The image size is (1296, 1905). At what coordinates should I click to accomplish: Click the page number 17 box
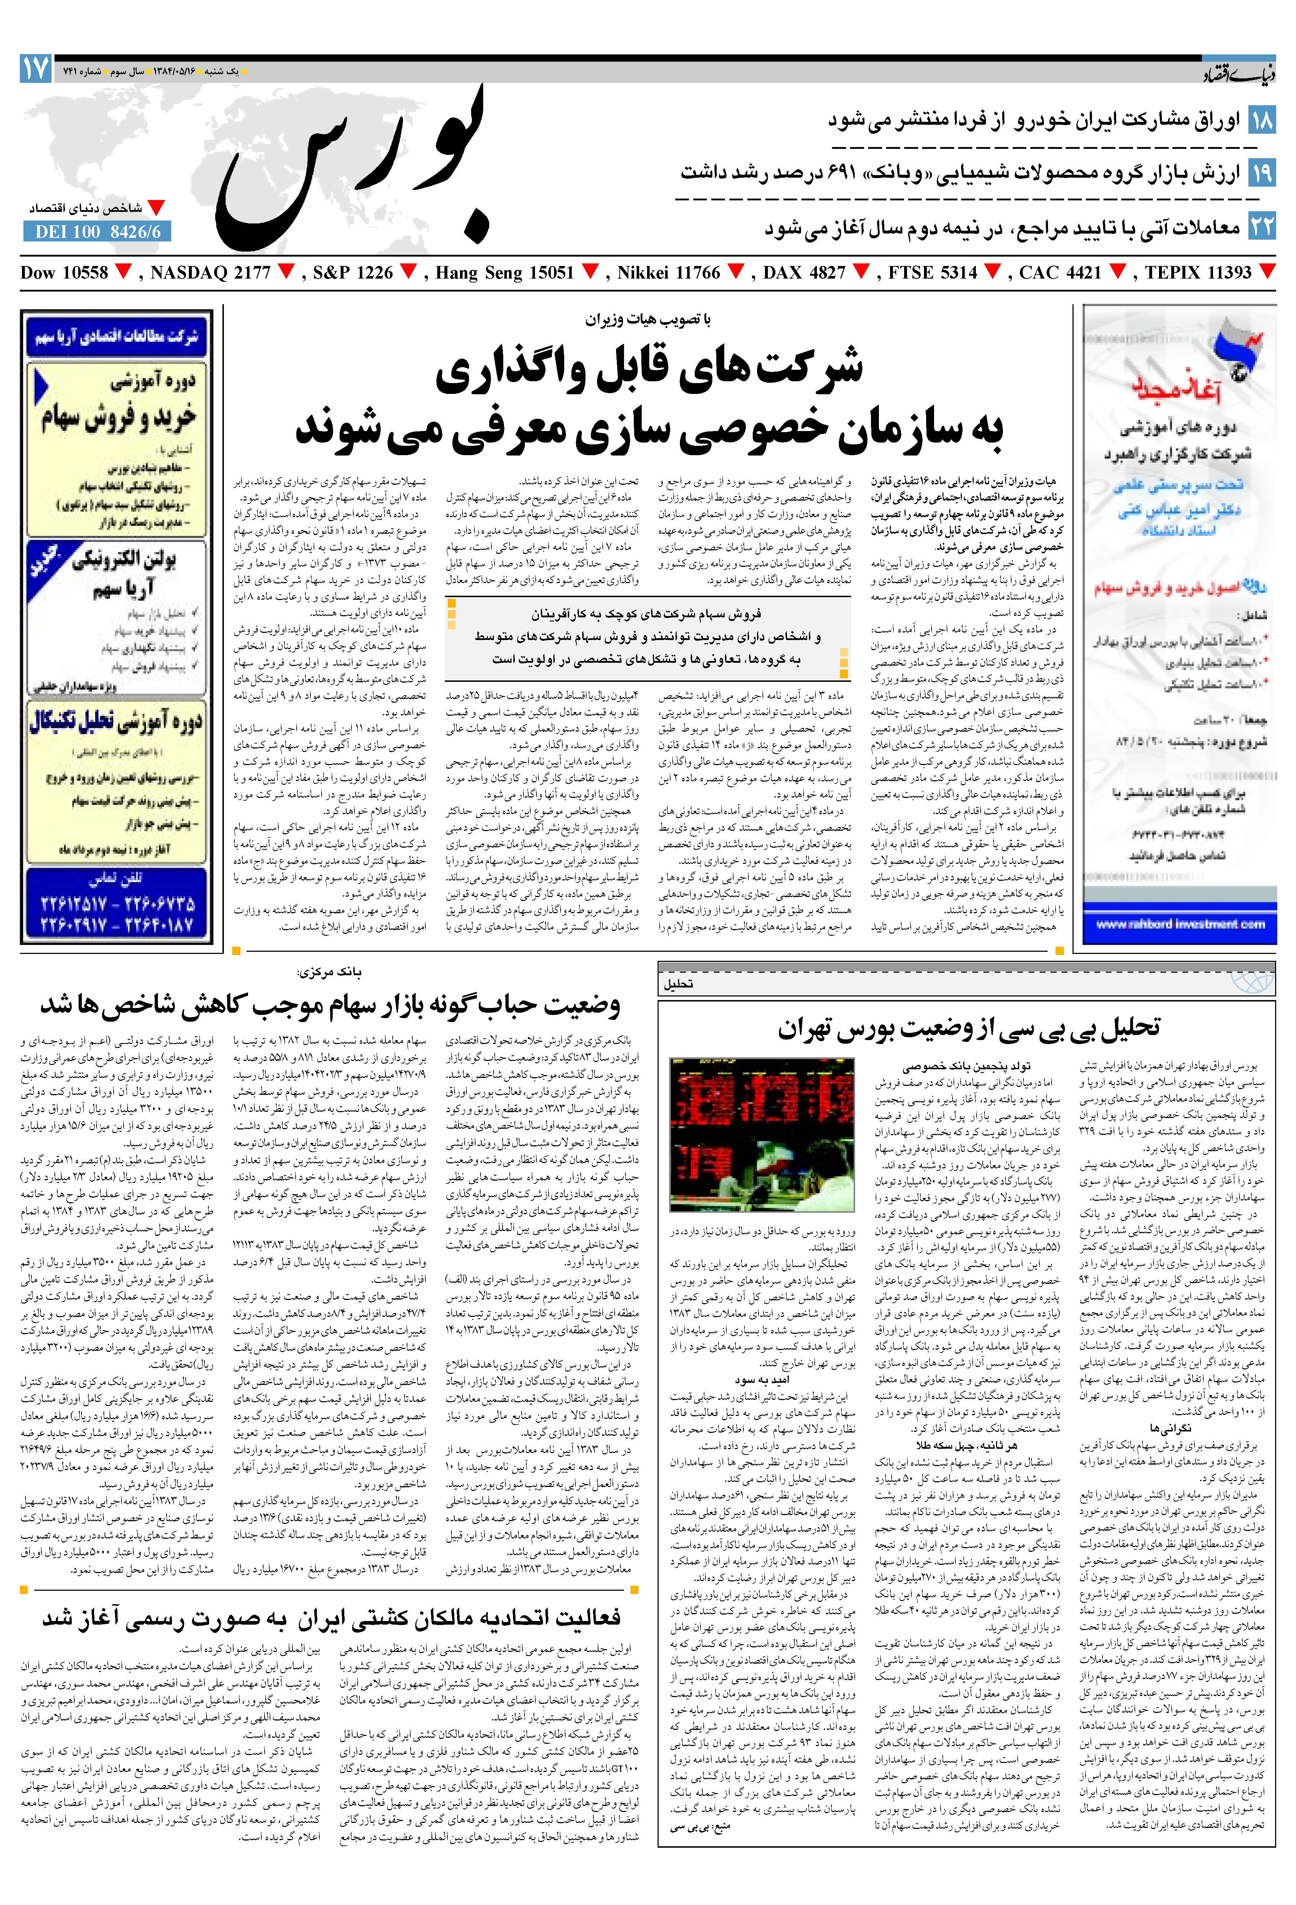pyautogui.click(x=35, y=69)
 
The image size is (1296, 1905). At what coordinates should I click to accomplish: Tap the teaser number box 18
pyautogui.click(x=1261, y=121)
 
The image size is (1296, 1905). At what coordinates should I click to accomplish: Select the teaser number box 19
pyautogui.click(x=1261, y=174)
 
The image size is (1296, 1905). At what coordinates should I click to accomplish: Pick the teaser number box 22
pyautogui.click(x=1261, y=226)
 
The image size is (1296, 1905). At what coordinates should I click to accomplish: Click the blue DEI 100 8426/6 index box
pyautogui.click(x=98, y=232)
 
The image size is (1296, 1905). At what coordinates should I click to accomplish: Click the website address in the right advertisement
pyautogui.click(x=1180, y=924)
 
